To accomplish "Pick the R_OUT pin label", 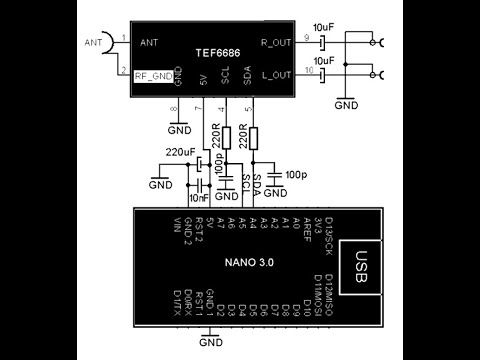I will [x=275, y=42].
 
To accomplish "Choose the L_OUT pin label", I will [x=276, y=74].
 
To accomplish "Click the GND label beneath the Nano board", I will [x=210, y=343].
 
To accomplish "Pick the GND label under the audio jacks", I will [x=346, y=104].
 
